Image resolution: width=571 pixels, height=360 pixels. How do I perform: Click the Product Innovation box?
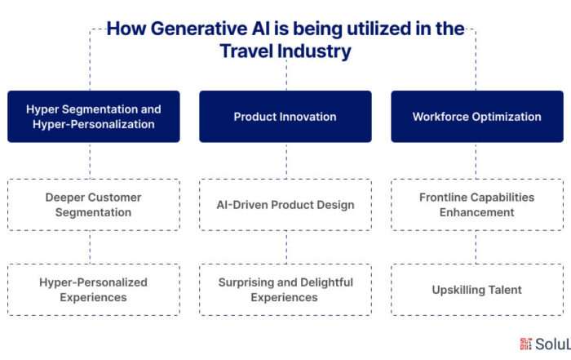click(285, 117)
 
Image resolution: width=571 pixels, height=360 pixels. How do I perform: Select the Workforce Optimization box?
click(477, 117)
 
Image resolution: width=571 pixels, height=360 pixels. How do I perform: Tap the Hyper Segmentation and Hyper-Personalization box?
click(94, 117)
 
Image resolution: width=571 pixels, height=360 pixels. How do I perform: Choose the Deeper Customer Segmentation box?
click(94, 205)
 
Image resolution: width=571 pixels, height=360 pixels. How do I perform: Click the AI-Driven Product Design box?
click(285, 205)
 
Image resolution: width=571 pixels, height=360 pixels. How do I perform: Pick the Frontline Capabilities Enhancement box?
click(477, 205)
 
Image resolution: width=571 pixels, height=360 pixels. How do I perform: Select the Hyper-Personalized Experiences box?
click(94, 290)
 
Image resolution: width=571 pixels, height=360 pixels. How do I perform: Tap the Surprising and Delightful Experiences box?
click(285, 290)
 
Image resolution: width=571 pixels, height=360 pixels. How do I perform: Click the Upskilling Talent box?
click(477, 290)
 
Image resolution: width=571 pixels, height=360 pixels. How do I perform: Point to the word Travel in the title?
click(246, 51)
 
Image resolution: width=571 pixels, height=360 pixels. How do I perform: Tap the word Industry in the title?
click(314, 51)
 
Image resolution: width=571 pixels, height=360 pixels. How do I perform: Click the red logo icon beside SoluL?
click(525, 344)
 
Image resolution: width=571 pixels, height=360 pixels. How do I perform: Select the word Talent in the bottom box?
click(505, 290)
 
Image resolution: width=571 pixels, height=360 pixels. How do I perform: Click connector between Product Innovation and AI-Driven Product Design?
click(286, 161)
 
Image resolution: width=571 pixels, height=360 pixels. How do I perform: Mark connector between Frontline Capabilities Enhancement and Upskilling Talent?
click(476, 247)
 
